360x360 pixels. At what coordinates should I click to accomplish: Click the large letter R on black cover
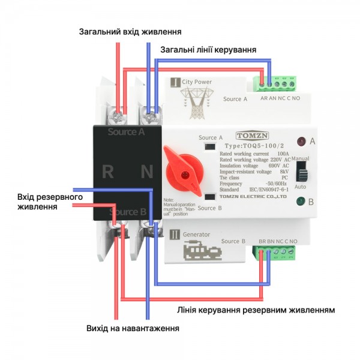tap(108, 172)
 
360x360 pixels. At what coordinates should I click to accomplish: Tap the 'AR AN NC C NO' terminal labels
tap(280, 98)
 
